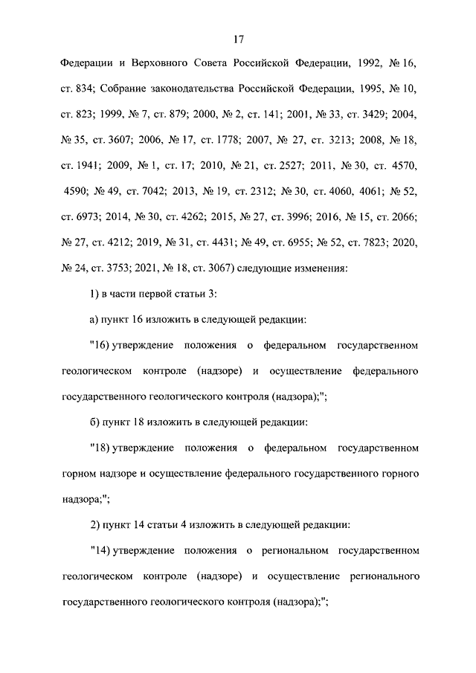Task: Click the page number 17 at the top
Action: (238, 39)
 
